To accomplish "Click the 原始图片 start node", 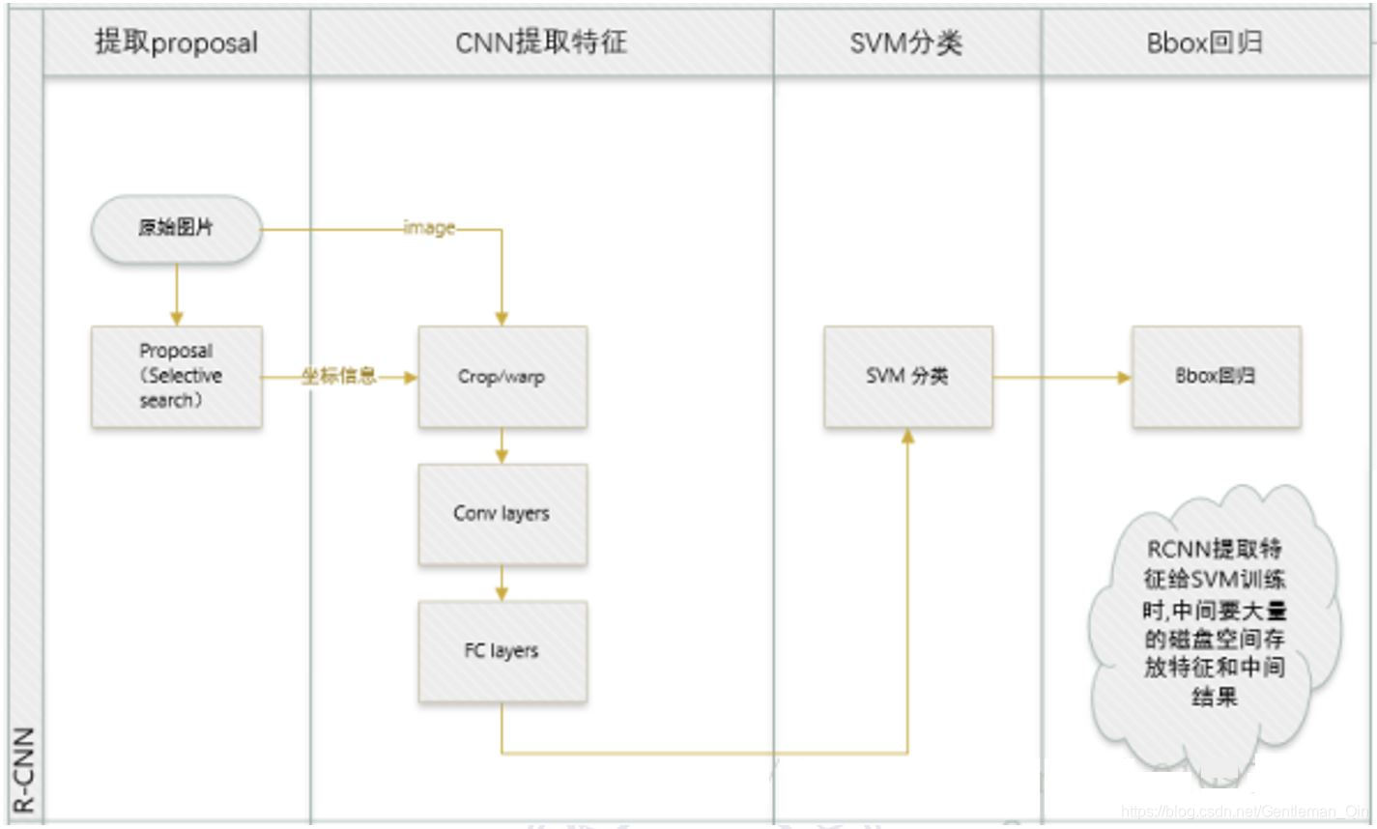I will (x=176, y=229).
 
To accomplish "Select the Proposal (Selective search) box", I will (x=176, y=377).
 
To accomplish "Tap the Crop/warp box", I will (x=502, y=377).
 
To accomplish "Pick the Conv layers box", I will (x=502, y=514).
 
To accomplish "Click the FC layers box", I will (x=502, y=651).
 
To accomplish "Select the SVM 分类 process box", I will (x=907, y=377).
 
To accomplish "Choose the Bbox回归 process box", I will (x=1216, y=377).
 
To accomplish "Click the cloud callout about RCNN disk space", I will (x=1215, y=623).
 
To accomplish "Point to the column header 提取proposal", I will (x=177, y=43).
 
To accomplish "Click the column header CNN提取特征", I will (x=541, y=43).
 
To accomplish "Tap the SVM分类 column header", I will (x=906, y=43).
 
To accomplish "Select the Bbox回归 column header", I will (x=1205, y=43).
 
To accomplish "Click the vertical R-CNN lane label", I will (x=24, y=768).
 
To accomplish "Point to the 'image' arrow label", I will (x=429, y=229).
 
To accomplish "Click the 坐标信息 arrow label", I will (x=338, y=376).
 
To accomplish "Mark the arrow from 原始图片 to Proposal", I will (x=176, y=295).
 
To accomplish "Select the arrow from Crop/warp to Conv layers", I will (x=502, y=445).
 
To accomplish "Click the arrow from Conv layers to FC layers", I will (x=502, y=583).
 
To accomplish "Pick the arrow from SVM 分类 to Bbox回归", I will (x=1062, y=377).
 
